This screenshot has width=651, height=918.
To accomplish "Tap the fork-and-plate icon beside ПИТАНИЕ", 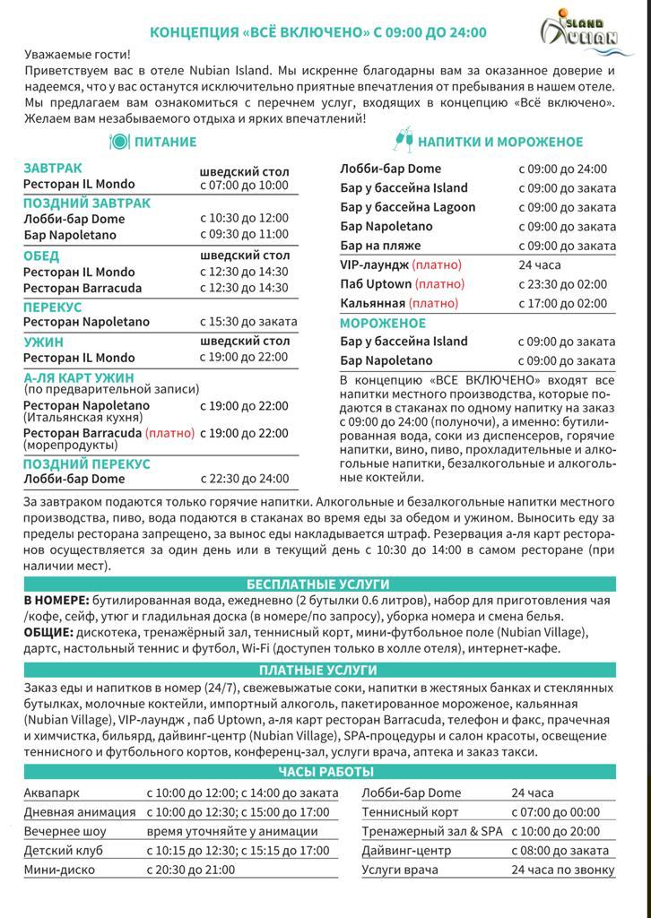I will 119,142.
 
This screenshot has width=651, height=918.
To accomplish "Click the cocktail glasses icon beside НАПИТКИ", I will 403,141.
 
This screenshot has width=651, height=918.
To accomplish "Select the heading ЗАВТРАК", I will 52,169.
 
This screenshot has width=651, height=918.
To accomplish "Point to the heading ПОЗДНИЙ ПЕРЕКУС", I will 87,464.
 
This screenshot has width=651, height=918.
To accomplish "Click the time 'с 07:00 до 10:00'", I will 244,185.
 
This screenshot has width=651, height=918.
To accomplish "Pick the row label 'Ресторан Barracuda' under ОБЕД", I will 79,288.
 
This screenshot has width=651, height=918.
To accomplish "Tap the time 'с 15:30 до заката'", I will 248,322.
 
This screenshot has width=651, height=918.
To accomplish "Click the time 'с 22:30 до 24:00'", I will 244,479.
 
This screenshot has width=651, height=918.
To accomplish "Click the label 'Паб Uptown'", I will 376,284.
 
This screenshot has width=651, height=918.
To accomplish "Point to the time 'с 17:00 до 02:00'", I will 562,303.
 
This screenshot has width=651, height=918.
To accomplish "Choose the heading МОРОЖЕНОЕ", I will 383,323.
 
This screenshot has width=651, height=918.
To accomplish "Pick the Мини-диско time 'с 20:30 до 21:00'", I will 191,869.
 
